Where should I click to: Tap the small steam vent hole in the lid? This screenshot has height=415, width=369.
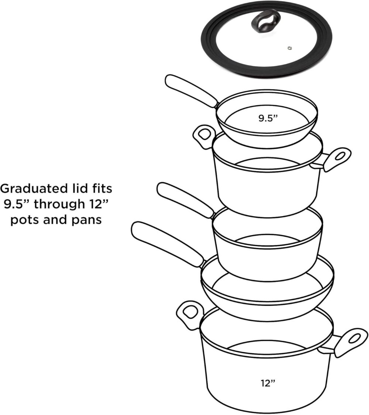point(290,48)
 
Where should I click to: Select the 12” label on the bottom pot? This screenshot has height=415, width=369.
point(268,383)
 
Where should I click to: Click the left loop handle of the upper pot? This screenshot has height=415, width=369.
point(204,137)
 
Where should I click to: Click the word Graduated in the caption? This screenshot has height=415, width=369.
point(34,189)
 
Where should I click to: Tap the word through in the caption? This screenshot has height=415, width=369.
point(58,204)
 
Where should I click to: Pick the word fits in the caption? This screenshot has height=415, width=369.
point(101,189)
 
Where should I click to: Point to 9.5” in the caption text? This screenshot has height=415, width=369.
point(17,204)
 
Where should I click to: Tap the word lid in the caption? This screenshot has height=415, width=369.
point(80,189)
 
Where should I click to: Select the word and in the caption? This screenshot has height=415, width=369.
point(55,220)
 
